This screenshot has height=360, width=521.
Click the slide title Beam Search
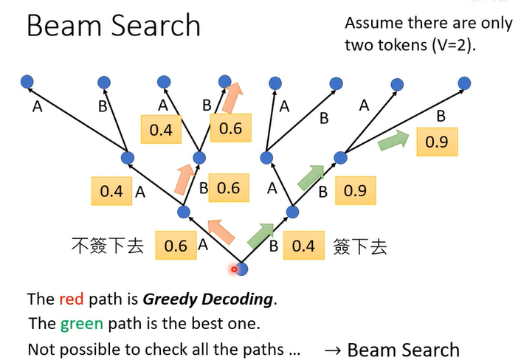point(113,26)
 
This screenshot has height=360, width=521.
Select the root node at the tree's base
point(241,269)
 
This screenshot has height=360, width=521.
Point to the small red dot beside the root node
point(234,269)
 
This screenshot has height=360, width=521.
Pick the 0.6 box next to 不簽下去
point(176,245)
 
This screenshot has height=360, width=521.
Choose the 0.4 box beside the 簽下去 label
point(303,245)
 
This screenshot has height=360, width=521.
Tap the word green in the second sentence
point(80,323)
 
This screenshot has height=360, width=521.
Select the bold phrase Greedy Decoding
point(208,299)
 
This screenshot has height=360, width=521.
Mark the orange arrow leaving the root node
point(221,231)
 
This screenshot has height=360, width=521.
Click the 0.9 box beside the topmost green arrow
point(437,142)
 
